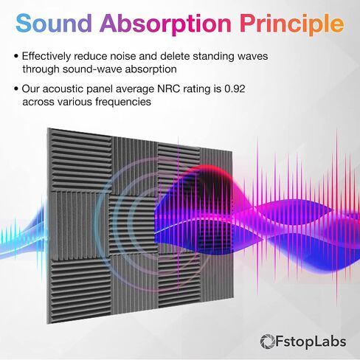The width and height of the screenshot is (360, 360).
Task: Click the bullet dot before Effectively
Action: (16, 56)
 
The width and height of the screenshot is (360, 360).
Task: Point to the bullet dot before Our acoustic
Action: (16, 89)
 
